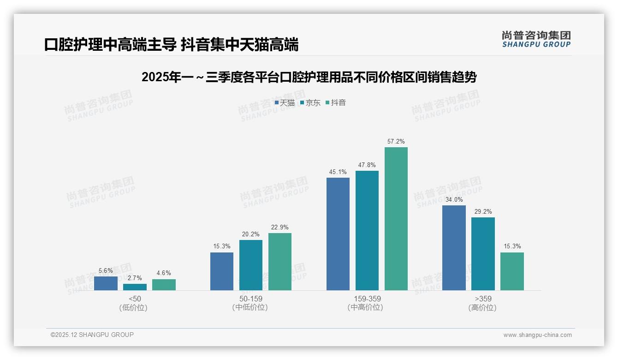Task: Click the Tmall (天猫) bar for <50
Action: [106, 283]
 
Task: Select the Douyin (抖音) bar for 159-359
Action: [396, 218]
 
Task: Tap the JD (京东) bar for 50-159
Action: [250, 265]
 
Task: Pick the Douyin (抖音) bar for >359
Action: [512, 271]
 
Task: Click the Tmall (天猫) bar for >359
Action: [454, 247]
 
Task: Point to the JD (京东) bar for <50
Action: [135, 287]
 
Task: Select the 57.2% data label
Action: [396, 142]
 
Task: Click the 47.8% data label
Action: [367, 165]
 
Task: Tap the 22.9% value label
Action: [280, 227]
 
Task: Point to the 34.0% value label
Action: [454, 199]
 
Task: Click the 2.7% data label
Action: [135, 278]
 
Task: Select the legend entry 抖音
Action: [336, 102]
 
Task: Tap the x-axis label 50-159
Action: [250, 299]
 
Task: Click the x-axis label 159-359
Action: [367, 299]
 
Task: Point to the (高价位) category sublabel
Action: [482, 307]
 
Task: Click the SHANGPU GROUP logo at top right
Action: [536, 39]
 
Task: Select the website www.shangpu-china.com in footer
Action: [537, 335]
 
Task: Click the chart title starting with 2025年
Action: [309, 77]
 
